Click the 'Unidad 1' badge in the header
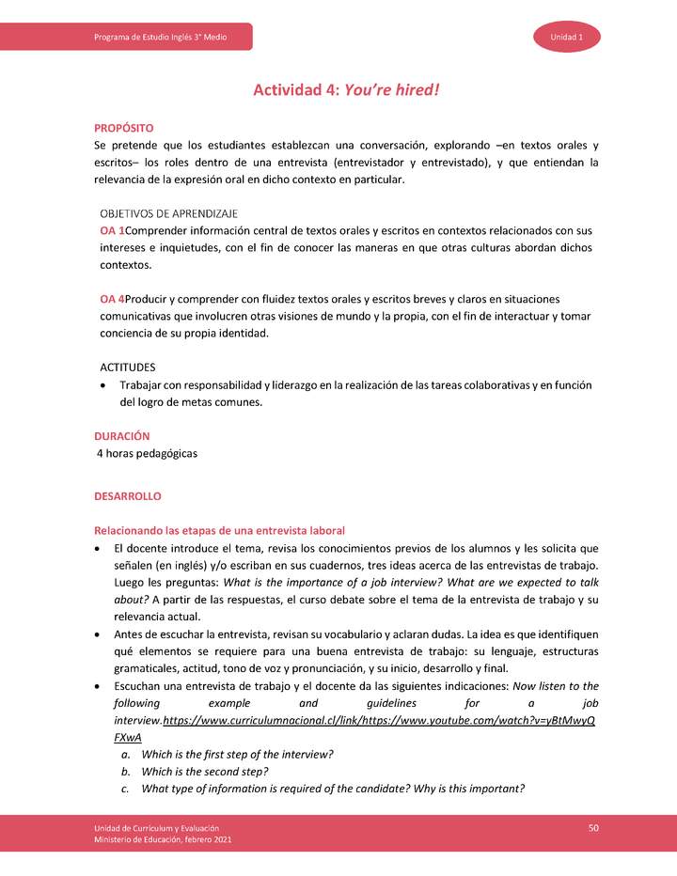pos(568,37)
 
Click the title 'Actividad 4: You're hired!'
pos(346,90)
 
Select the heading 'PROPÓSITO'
pos(124,127)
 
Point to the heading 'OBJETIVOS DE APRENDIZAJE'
pos(168,213)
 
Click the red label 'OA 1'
pos(112,231)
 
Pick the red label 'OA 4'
pos(112,299)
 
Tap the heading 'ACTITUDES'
pos(128,367)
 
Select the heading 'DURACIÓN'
pos(122,436)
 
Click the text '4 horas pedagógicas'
pos(148,453)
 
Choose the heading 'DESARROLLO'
pos(128,495)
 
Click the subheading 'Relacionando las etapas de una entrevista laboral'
pos(219,530)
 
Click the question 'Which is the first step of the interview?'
pos(237,755)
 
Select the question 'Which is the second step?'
pos(204,772)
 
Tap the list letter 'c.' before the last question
pos(125,789)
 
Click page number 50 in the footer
pos(593,827)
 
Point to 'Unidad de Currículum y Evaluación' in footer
pos(156,826)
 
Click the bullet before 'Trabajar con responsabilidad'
pos(102,385)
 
